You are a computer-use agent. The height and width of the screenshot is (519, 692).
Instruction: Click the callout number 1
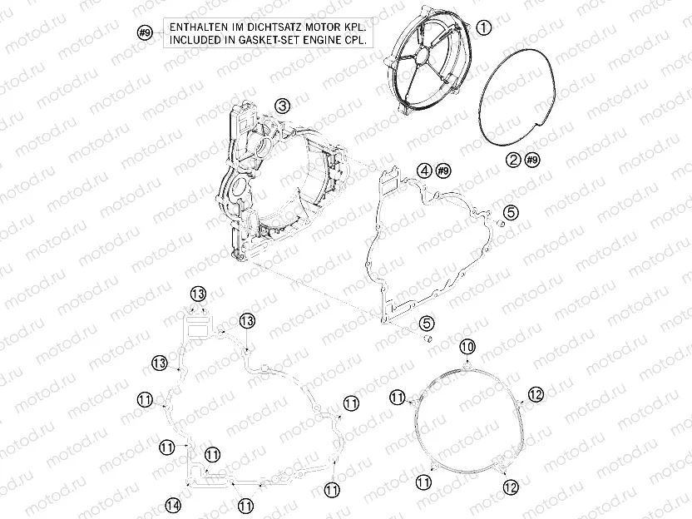click(485, 28)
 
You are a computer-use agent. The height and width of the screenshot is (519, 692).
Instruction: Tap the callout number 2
click(513, 159)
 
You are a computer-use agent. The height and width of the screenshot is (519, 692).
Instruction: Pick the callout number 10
click(466, 345)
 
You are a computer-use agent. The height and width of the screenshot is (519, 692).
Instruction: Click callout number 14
click(172, 503)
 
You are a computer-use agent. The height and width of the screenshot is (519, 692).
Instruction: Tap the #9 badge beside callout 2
click(533, 159)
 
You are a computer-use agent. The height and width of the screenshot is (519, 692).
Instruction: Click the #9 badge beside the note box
click(144, 33)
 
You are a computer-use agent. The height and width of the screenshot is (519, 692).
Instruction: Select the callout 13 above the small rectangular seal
click(197, 294)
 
